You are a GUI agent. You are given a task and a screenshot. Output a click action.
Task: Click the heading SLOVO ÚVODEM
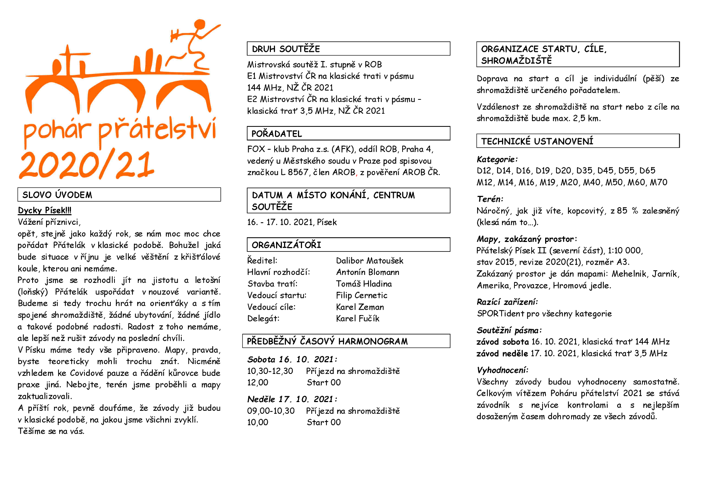tap(57, 195)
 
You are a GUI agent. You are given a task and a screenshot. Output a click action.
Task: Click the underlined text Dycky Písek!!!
tap(45, 210)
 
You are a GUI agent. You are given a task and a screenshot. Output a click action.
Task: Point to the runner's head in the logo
tap(200, 25)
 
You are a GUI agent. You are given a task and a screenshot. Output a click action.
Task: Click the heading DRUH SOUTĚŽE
tap(286, 49)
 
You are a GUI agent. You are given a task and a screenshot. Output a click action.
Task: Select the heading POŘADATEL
tap(277, 134)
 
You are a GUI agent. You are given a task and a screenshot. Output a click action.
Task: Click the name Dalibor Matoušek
tap(370, 261)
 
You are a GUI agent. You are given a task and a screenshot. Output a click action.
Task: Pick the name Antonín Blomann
tap(367, 272)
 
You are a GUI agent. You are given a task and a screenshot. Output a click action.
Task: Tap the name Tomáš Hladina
tap(364, 284)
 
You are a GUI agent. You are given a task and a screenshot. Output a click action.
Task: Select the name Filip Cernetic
tap(362, 295)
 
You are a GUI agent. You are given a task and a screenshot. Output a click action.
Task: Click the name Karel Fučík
tap(358, 319)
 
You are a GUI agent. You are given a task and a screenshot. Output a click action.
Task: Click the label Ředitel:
tap(262, 261)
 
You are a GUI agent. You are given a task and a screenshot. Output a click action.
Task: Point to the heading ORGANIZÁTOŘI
tap(286, 245)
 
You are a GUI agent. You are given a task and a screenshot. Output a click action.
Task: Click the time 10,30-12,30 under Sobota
tap(270, 371)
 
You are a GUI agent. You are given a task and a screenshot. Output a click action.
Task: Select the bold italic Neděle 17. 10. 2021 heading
tap(292, 399)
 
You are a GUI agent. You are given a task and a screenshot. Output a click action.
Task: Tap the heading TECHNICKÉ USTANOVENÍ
tap(537, 141)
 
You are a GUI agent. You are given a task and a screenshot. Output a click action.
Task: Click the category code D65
tap(647, 171)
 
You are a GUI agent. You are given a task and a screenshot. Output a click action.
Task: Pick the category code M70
tap(658, 182)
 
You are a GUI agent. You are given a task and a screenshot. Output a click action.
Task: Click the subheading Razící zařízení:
tap(507, 302)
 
